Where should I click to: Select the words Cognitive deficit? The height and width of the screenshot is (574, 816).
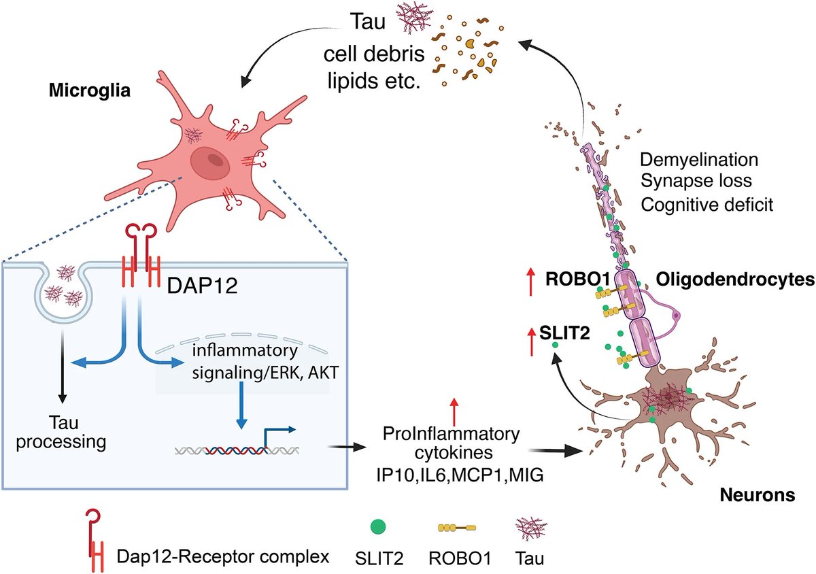[x=707, y=204]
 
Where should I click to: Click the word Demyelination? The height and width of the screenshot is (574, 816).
[x=699, y=161]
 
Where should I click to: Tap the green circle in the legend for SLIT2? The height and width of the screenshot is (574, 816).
[x=379, y=527]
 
